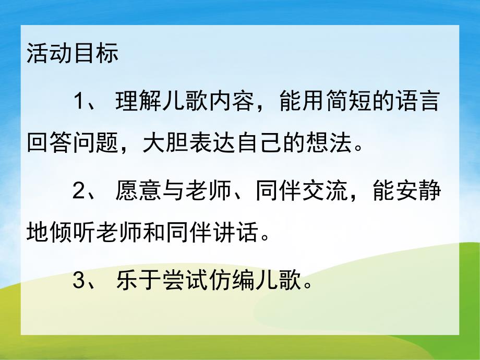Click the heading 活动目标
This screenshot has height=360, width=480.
(73, 54)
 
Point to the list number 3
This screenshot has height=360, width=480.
(78, 282)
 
